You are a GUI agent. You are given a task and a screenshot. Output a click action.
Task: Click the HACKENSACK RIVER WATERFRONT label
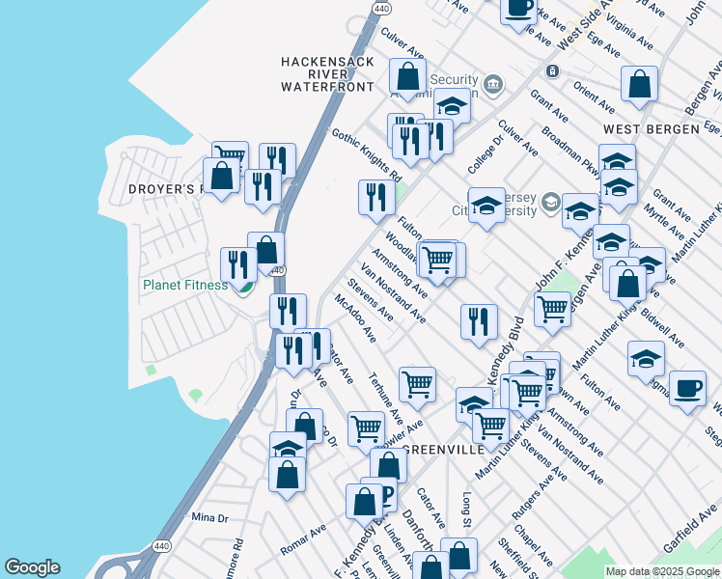point(326,73)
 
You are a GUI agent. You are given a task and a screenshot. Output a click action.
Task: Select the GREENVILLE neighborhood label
point(440,450)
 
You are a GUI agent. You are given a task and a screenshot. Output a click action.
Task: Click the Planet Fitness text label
point(185,285)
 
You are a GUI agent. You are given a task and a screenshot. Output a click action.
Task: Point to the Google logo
point(32,567)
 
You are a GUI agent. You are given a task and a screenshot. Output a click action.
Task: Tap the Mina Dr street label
point(209,517)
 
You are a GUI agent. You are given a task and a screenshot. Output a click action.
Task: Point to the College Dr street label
point(485,153)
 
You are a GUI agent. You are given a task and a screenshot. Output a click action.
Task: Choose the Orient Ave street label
point(593,98)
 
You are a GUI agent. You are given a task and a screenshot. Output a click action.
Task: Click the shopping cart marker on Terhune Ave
point(417,383)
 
